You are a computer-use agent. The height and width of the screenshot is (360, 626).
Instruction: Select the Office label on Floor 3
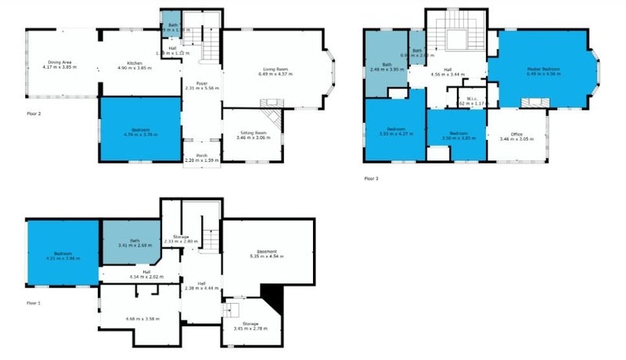coord(516,136)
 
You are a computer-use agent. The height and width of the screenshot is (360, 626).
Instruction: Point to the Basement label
coord(264,251)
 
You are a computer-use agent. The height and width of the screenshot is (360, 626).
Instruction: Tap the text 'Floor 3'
coord(371,178)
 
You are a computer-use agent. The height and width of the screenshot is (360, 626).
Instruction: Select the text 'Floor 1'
coord(33,301)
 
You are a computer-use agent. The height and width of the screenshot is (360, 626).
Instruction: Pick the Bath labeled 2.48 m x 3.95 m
coord(386,67)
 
